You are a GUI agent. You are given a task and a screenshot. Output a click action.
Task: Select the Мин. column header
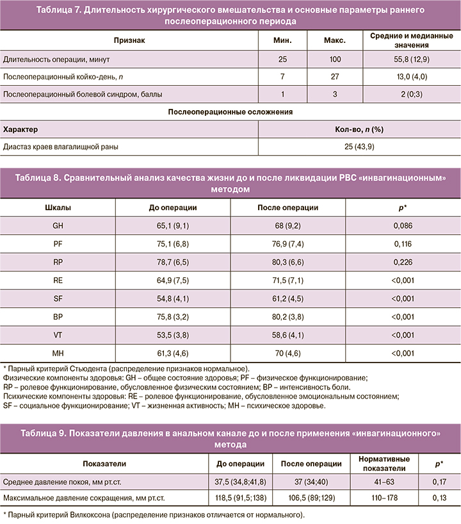click(282, 39)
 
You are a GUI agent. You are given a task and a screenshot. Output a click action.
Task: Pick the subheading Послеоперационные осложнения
click(230, 111)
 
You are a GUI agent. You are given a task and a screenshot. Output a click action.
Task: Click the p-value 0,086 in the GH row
click(403, 225)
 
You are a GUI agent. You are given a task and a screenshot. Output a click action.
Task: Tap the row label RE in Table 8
click(58, 281)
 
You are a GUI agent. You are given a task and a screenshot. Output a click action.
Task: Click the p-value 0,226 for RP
click(403, 262)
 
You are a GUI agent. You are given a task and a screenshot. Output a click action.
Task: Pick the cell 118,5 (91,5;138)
click(241, 498)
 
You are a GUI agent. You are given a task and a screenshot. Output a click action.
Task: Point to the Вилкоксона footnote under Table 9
click(154, 514)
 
